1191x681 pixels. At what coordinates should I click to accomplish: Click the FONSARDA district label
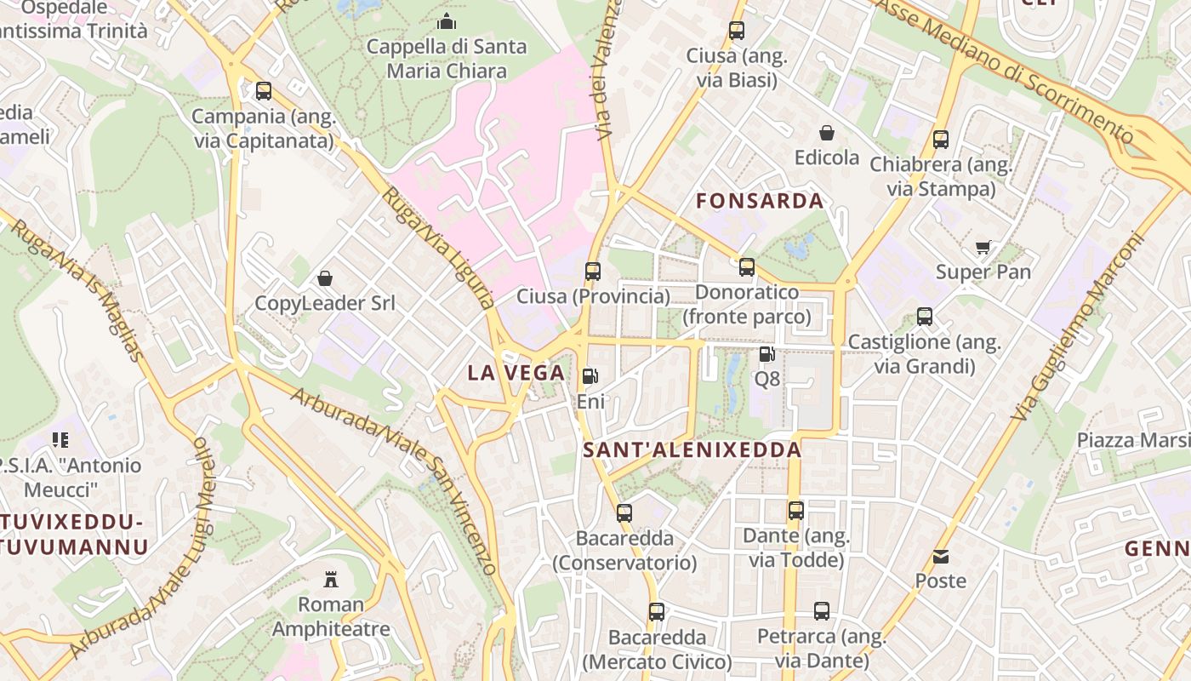tap(760, 202)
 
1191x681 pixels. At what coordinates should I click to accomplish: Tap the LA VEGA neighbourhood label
tap(516, 373)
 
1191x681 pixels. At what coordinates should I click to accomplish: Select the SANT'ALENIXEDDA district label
tap(692, 450)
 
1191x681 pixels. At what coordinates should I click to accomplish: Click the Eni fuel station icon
tap(590, 376)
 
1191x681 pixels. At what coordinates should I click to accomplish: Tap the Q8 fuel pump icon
tap(766, 354)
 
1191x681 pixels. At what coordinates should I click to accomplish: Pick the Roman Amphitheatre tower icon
tap(331, 580)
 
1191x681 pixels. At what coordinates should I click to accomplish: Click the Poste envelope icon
tap(941, 557)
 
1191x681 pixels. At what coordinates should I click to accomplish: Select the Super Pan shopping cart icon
tap(983, 248)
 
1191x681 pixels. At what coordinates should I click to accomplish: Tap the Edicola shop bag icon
tap(827, 133)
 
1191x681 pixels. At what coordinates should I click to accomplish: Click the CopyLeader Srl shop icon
tap(325, 278)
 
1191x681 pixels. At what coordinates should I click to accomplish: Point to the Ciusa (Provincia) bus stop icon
tap(593, 272)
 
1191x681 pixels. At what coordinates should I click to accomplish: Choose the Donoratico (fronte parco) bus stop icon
tap(747, 267)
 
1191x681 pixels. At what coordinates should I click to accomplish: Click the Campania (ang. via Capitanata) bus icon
tap(264, 91)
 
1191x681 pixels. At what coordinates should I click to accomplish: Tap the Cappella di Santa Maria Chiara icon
tap(447, 21)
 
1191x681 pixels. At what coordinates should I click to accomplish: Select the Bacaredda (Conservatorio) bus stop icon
tap(624, 513)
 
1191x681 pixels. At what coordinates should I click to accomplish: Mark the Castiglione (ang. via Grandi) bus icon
tap(925, 318)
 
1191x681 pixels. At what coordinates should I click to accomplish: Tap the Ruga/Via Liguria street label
tap(438, 247)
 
